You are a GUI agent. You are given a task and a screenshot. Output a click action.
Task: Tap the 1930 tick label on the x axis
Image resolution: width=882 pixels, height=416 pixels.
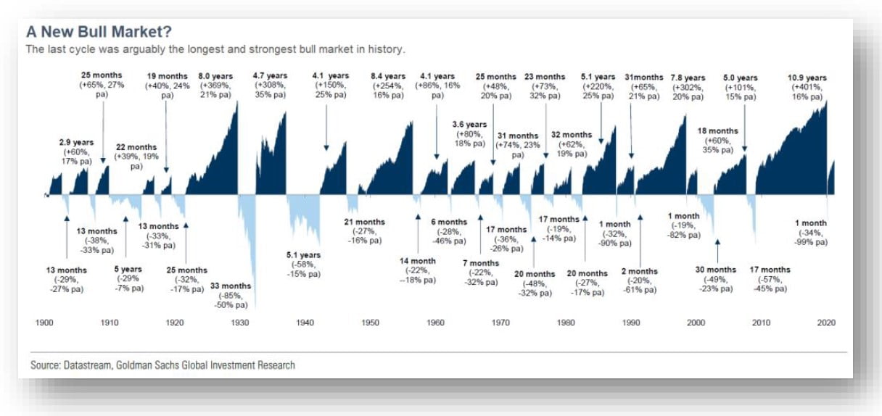pyautogui.click(x=240, y=323)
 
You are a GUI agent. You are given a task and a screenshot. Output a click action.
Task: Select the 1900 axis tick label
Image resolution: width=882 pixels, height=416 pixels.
pyautogui.click(x=45, y=323)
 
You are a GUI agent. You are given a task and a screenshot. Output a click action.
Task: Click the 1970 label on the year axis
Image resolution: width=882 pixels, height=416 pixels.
pyautogui.click(x=500, y=323)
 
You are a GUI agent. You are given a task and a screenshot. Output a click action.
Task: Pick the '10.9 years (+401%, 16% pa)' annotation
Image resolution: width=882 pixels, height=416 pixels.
pyautogui.click(x=807, y=87)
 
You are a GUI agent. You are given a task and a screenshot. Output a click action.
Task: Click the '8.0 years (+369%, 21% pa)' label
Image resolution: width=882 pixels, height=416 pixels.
pyautogui.click(x=215, y=87)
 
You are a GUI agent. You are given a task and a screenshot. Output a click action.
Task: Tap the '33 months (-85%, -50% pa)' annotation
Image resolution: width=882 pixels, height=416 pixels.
pyautogui.click(x=231, y=295)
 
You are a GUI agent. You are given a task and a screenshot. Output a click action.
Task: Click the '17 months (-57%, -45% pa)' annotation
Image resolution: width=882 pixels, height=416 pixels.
pyautogui.click(x=770, y=279)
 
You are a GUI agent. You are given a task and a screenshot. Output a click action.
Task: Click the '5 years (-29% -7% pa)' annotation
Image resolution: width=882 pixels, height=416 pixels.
pyautogui.click(x=128, y=279)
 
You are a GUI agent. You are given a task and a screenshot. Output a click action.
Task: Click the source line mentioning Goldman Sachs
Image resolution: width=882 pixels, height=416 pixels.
pyautogui.click(x=162, y=365)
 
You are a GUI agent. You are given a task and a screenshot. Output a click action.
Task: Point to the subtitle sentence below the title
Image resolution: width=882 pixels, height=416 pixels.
pyautogui.click(x=215, y=49)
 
